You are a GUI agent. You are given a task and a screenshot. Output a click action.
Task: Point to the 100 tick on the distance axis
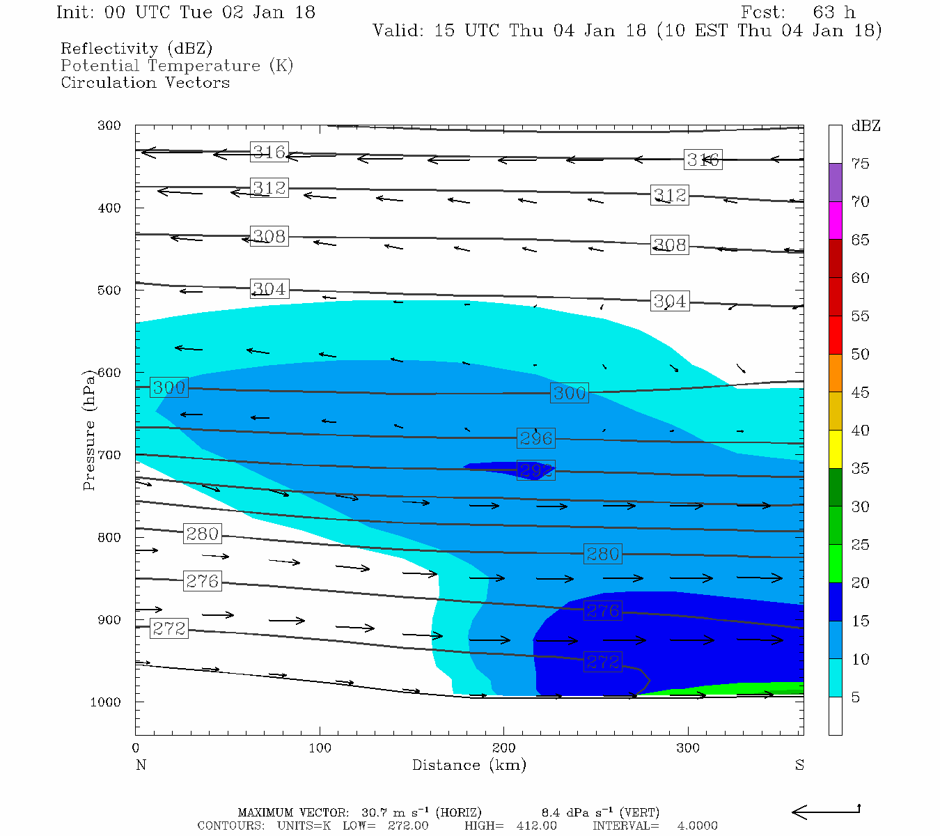click(x=320, y=748)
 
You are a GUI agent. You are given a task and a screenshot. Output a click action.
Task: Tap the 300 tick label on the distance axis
click(x=689, y=748)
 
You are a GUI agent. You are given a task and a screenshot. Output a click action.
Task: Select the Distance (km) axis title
click(x=469, y=765)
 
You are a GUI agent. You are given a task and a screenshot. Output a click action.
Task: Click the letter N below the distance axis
click(x=141, y=765)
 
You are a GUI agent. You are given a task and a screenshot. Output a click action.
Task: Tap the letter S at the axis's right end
click(x=799, y=765)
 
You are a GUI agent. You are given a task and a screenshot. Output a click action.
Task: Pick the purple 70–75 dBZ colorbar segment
click(x=835, y=183)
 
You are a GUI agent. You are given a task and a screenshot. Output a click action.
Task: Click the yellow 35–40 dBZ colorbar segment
click(x=835, y=449)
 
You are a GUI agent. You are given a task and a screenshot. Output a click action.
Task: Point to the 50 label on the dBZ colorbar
click(x=860, y=354)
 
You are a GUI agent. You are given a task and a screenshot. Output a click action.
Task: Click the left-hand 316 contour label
click(x=269, y=152)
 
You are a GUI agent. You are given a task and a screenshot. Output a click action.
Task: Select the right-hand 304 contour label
click(x=669, y=302)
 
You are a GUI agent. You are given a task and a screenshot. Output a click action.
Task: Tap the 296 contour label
click(x=535, y=438)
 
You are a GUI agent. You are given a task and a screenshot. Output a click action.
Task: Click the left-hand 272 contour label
click(x=169, y=628)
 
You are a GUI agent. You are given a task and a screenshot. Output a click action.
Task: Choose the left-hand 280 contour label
click(x=203, y=534)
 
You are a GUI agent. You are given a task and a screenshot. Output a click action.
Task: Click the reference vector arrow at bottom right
click(x=826, y=811)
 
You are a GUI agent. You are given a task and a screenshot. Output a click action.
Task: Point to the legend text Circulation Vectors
click(x=145, y=82)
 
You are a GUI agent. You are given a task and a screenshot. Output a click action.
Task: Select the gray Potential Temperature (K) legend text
click(x=177, y=65)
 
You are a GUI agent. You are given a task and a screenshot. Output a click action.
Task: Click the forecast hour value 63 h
click(x=833, y=13)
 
